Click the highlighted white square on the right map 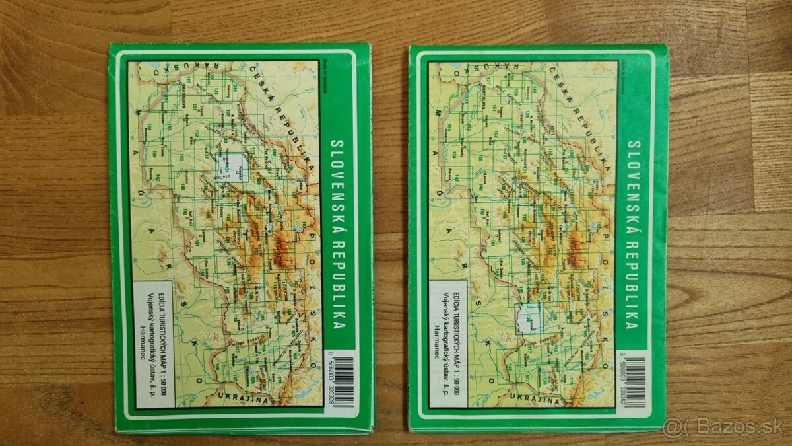pos(529,319)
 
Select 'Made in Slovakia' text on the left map pos(325,79)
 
